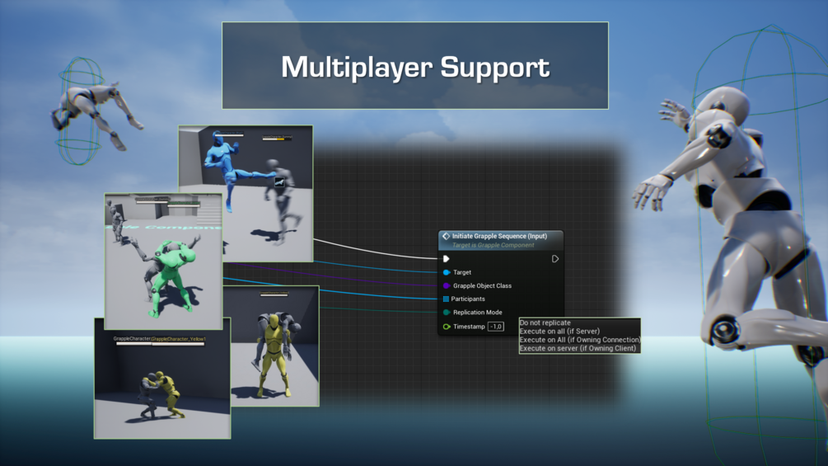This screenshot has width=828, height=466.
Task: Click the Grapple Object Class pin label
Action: (482, 286)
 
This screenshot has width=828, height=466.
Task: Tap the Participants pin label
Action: (468, 299)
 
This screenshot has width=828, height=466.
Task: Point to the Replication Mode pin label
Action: (477, 313)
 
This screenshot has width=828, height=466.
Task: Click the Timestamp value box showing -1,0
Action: (495, 327)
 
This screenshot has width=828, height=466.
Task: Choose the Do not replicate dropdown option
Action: (545, 322)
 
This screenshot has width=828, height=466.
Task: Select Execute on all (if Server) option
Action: (559, 331)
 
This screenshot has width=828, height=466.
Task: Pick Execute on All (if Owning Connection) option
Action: (579, 340)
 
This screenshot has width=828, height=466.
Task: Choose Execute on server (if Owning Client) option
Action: (578, 348)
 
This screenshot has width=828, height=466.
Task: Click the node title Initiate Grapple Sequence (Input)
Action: (499, 236)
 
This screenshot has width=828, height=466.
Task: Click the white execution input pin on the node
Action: (447, 259)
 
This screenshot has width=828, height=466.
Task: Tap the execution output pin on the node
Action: (555, 259)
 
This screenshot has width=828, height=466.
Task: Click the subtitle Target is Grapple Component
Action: (493, 245)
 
